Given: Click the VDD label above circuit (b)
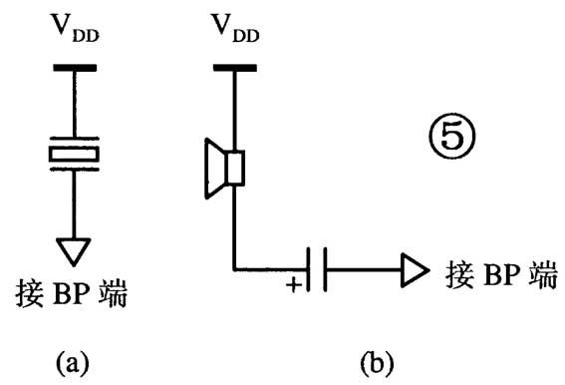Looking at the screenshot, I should point(234,32).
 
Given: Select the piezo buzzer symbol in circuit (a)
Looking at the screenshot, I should point(74,153).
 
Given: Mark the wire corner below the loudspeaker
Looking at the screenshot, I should point(234,268).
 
